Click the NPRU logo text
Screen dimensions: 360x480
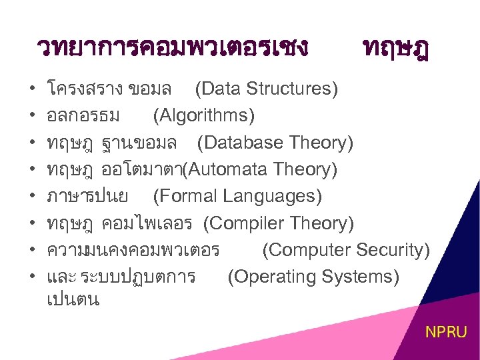(x=446, y=331)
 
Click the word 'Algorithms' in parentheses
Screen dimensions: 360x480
(x=203, y=116)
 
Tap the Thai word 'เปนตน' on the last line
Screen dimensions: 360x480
(x=73, y=299)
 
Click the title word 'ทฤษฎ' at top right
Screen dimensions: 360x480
(x=396, y=48)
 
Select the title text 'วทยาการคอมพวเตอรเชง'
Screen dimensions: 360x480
(x=173, y=48)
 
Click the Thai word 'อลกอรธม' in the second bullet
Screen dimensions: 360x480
(x=83, y=116)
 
